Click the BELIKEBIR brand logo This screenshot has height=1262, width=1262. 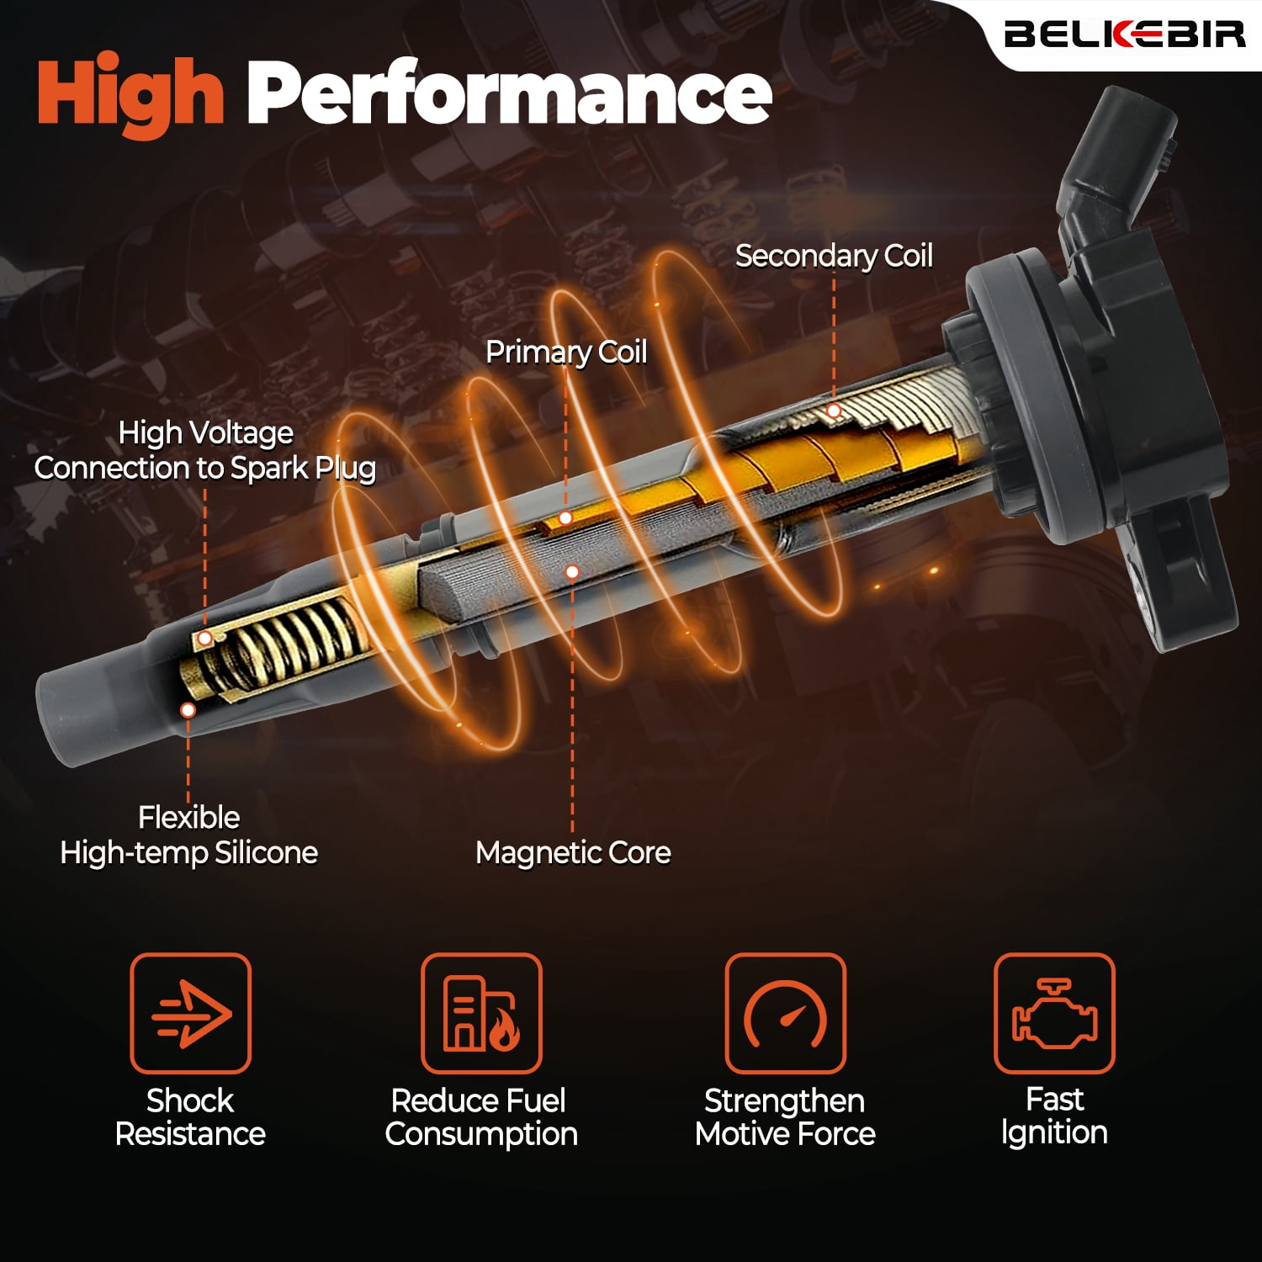pyautogui.click(x=1124, y=34)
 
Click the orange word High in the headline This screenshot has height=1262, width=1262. pyautogui.click(x=130, y=92)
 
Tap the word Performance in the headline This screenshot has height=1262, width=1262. pyautogui.click(x=509, y=92)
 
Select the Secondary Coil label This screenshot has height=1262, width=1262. pyautogui.click(x=834, y=256)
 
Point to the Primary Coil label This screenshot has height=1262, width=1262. pyautogui.click(x=566, y=352)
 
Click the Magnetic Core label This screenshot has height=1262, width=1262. pyautogui.click(x=573, y=852)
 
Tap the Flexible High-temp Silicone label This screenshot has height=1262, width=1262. pyautogui.click(x=189, y=835)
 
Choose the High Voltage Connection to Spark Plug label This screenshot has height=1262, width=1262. pyautogui.click(x=204, y=450)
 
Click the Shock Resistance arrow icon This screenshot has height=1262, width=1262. pyautogui.click(x=190, y=1013)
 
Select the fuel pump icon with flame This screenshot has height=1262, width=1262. pyautogui.click(x=481, y=1013)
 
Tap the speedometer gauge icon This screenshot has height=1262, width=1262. pyautogui.click(x=785, y=1013)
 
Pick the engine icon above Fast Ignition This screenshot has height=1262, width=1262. pyautogui.click(x=1054, y=1013)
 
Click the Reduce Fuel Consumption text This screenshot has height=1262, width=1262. pyautogui.click(x=481, y=1117)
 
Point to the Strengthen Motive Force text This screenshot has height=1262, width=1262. pyautogui.click(x=785, y=1117)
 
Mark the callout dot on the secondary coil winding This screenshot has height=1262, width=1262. pyautogui.click(x=834, y=411)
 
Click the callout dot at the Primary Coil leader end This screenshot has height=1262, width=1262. pyautogui.click(x=566, y=518)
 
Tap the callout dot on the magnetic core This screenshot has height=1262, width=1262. pyautogui.click(x=572, y=572)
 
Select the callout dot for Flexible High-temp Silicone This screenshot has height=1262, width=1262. pyautogui.click(x=188, y=710)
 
